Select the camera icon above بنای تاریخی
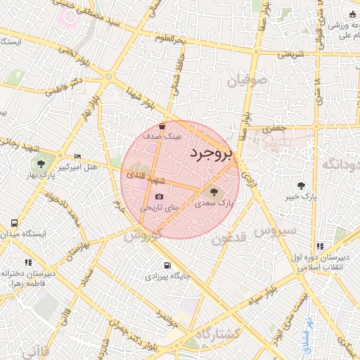tap(159, 196)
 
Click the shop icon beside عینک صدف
tap(162, 127)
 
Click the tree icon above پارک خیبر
tap(302, 186)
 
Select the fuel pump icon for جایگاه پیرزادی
tap(167, 265)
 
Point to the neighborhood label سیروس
tap(274, 231)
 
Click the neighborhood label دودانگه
tap(340, 165)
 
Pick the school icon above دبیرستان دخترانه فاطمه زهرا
tap(28, 262)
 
